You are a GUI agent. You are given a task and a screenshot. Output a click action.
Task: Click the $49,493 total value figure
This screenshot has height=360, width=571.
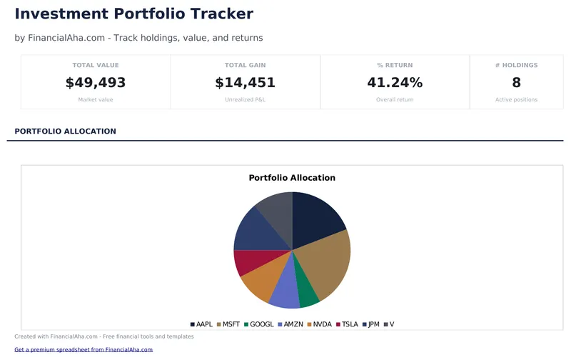click(96, 83)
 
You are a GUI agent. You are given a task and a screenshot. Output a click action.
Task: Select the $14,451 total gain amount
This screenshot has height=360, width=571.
click(245, 83)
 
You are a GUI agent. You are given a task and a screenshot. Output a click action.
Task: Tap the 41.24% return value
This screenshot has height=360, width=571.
click(395, 83)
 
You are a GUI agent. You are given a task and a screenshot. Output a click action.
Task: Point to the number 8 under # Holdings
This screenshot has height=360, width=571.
click(516, 83)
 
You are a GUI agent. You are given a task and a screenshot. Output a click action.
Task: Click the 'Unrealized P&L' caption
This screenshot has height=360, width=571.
click(245, 100)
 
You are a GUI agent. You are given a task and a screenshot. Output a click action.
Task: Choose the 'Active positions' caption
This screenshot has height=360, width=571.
click(516, 100)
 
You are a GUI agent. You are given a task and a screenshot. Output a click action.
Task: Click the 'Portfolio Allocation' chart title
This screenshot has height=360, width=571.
click(292, 178)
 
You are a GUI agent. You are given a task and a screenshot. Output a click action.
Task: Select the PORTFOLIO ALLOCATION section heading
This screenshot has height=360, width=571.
click(65, 131)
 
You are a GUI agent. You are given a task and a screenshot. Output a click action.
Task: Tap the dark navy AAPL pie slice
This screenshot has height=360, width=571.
click(315, 217)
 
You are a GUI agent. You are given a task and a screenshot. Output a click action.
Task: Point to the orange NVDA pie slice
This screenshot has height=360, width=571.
click(261, 280)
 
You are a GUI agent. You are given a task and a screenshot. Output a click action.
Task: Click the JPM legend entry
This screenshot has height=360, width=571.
click(370, 324)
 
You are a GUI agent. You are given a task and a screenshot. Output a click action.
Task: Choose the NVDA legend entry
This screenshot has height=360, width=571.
click(319, 324)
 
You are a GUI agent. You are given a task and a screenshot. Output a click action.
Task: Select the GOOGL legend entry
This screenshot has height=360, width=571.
click(259, 324)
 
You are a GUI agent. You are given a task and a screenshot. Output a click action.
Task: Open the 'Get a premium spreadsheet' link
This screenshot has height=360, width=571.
click(84, 349)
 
